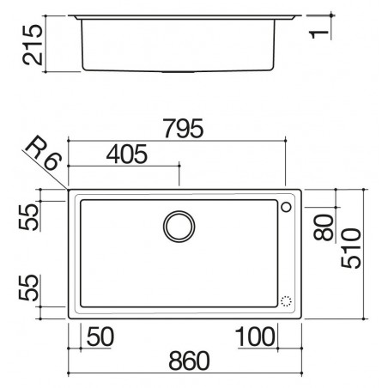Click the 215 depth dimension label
33,45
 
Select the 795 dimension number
183,129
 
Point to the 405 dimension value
127,155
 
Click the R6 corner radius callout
44,154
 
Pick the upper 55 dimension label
28,217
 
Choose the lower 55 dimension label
28,288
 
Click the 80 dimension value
324,227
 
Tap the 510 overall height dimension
351,248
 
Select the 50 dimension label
100,336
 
